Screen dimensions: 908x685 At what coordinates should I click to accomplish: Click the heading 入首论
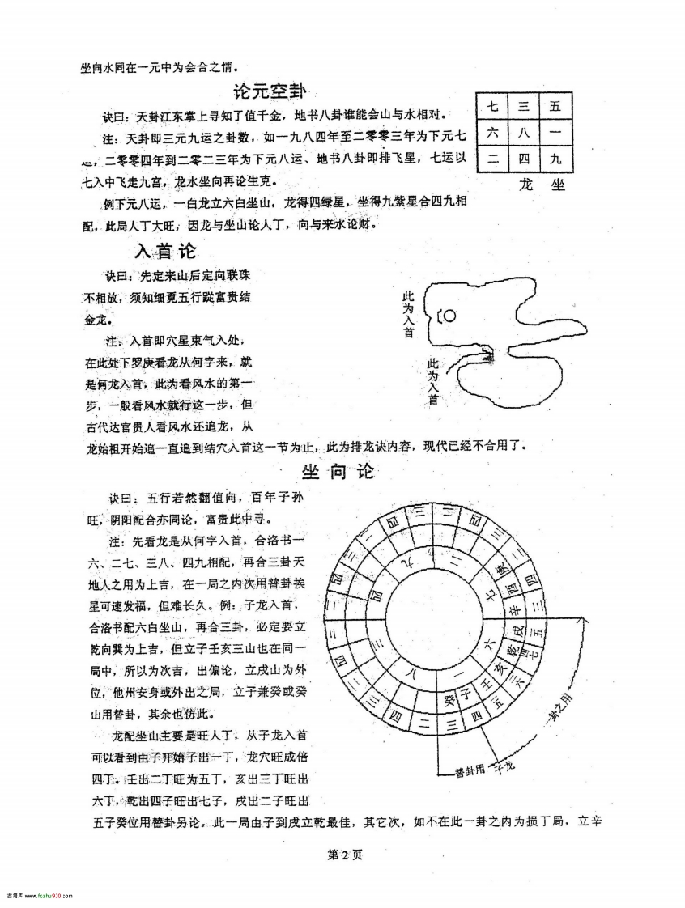tap(165, 250)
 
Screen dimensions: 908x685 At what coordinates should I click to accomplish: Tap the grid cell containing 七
tap(492, 106)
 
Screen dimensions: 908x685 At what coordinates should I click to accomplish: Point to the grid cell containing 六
tap(492, 133)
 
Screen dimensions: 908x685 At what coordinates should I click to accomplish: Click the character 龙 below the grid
tap(527, 185)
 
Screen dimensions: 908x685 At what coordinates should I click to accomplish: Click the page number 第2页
tap(342, 855)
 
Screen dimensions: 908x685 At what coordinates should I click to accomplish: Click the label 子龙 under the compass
tap(504, 763)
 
